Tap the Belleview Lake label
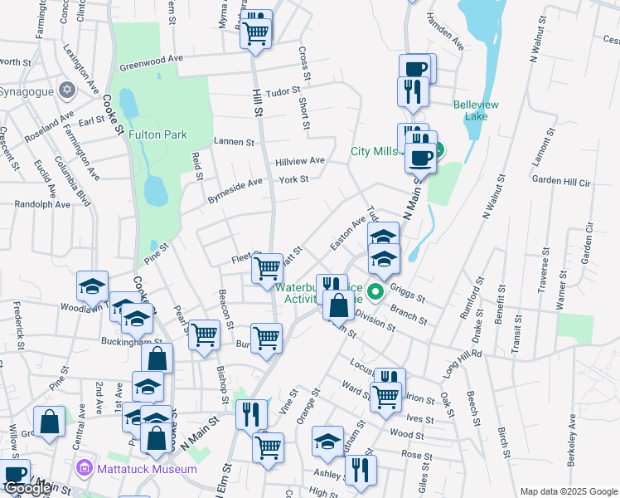476,111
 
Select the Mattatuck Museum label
145,469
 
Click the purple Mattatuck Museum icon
83,469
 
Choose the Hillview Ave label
300,160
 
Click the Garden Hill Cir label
560,180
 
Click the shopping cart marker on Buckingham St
204,335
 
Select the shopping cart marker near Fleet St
267,269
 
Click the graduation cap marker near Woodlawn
93,286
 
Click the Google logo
28,488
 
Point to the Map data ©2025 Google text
569,491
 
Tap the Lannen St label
234,142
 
